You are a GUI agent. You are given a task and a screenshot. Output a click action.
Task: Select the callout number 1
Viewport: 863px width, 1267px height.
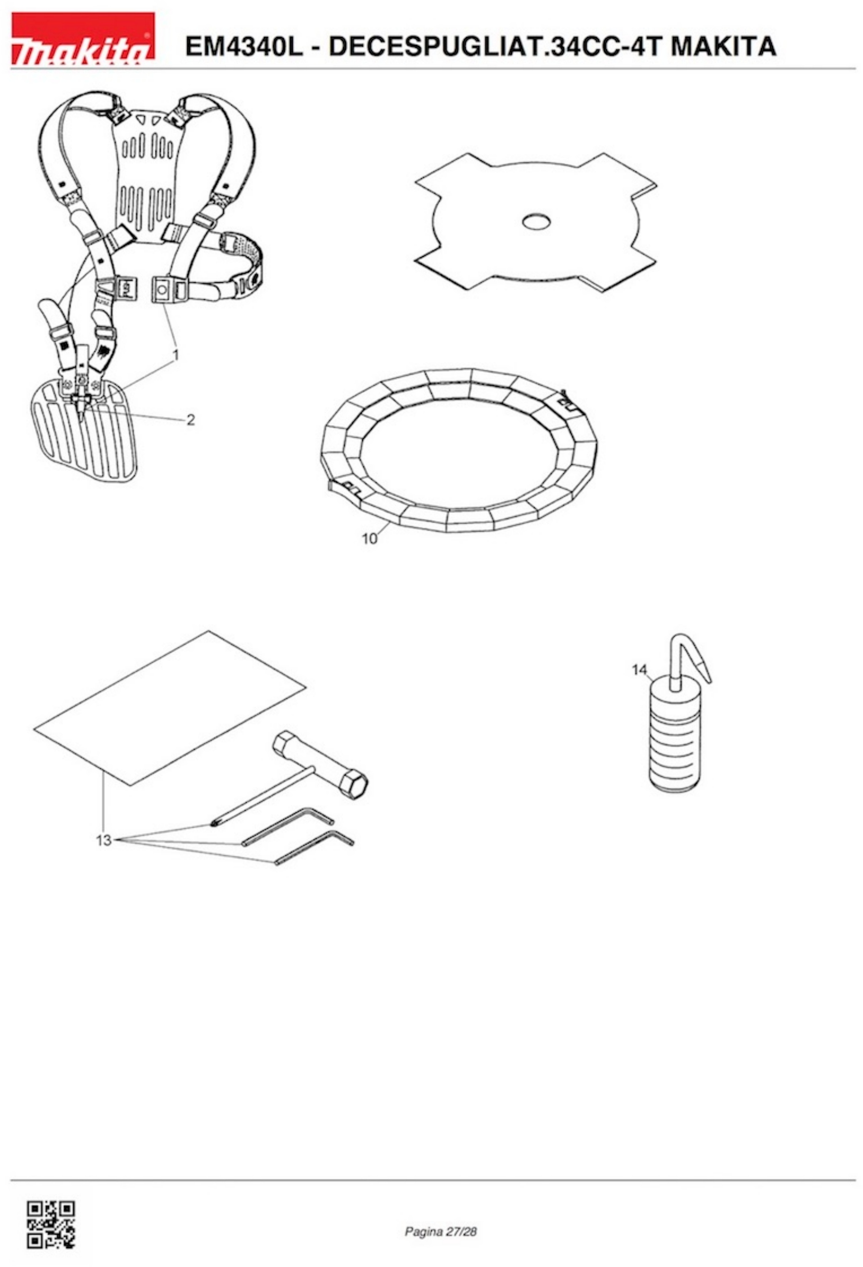(x=176, y=355)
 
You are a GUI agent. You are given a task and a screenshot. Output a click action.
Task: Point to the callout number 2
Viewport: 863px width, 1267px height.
(x=190, y=420)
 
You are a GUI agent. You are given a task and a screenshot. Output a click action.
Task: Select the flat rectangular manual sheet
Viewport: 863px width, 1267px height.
(x=169, y=709)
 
